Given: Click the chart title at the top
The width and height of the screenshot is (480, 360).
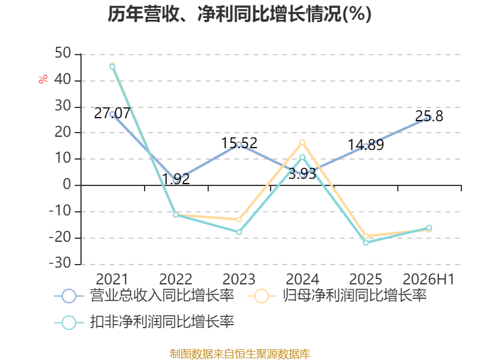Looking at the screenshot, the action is tap(239, 14).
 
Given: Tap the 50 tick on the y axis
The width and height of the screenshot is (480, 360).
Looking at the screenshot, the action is tap(63, 53).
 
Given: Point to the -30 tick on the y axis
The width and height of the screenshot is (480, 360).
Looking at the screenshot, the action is tap(61, 263).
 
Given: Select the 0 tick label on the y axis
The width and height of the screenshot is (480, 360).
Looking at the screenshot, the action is tap(67, 185).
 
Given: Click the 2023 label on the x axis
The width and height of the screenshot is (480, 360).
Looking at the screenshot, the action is tap(239, 279).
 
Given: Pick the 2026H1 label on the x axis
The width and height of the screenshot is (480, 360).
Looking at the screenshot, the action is tap(428, 279).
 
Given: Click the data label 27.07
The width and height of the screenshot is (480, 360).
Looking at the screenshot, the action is tap(112, 113).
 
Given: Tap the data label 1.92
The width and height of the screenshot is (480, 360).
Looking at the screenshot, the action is tap(176, 179).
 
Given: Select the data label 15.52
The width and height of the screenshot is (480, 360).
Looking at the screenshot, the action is tap(239, 143).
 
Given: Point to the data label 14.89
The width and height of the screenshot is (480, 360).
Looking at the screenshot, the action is tap(366, 145).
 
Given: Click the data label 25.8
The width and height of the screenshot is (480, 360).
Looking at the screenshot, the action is tap(429, 116).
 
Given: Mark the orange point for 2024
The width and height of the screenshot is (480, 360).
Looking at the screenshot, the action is tap(302, 142).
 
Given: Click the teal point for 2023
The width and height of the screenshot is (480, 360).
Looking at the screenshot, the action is tap(239, 232).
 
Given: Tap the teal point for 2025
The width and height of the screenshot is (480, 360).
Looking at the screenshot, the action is tap(366, 242).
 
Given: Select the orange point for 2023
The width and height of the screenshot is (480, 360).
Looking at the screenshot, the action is tap(239, 220).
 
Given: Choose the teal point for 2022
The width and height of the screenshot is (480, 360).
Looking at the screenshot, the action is tap(176, 215).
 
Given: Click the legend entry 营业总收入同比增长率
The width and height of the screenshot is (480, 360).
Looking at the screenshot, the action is tap(144, 296).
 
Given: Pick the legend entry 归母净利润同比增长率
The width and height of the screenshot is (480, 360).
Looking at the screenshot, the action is tap(337, 296).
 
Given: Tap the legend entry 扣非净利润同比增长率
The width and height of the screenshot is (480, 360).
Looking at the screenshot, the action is tap(144, 322).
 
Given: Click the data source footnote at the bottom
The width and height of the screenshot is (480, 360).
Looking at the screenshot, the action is tap(240, 354).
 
